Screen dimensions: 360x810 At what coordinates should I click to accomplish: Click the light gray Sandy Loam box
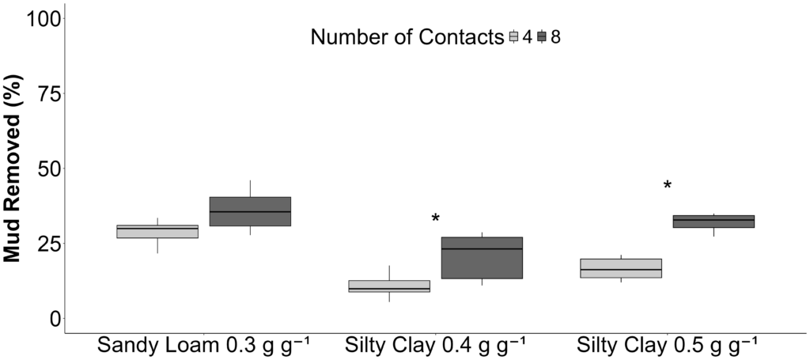[x=157, y=231]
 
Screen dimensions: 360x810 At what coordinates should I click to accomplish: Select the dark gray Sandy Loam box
[x=250, y=211]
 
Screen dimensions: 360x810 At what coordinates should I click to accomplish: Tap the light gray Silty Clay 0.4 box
[x=389, y=286]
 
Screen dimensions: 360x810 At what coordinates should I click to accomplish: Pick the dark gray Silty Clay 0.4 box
[x=482, y=258]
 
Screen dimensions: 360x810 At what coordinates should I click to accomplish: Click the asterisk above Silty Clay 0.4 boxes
[x=435, y=219]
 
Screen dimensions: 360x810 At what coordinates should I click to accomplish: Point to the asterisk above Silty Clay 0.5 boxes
[x=668, y=186]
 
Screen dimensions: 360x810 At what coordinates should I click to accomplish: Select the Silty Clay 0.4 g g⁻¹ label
[x=434, y=347]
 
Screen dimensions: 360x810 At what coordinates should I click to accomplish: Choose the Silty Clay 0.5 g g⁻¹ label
[x=667, y=347]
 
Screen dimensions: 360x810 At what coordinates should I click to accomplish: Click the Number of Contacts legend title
[x=407, y=36]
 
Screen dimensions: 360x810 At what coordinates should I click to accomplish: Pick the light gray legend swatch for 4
[x=513, y=36]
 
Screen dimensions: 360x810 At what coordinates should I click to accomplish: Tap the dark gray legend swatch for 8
[x=542, y=36]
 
